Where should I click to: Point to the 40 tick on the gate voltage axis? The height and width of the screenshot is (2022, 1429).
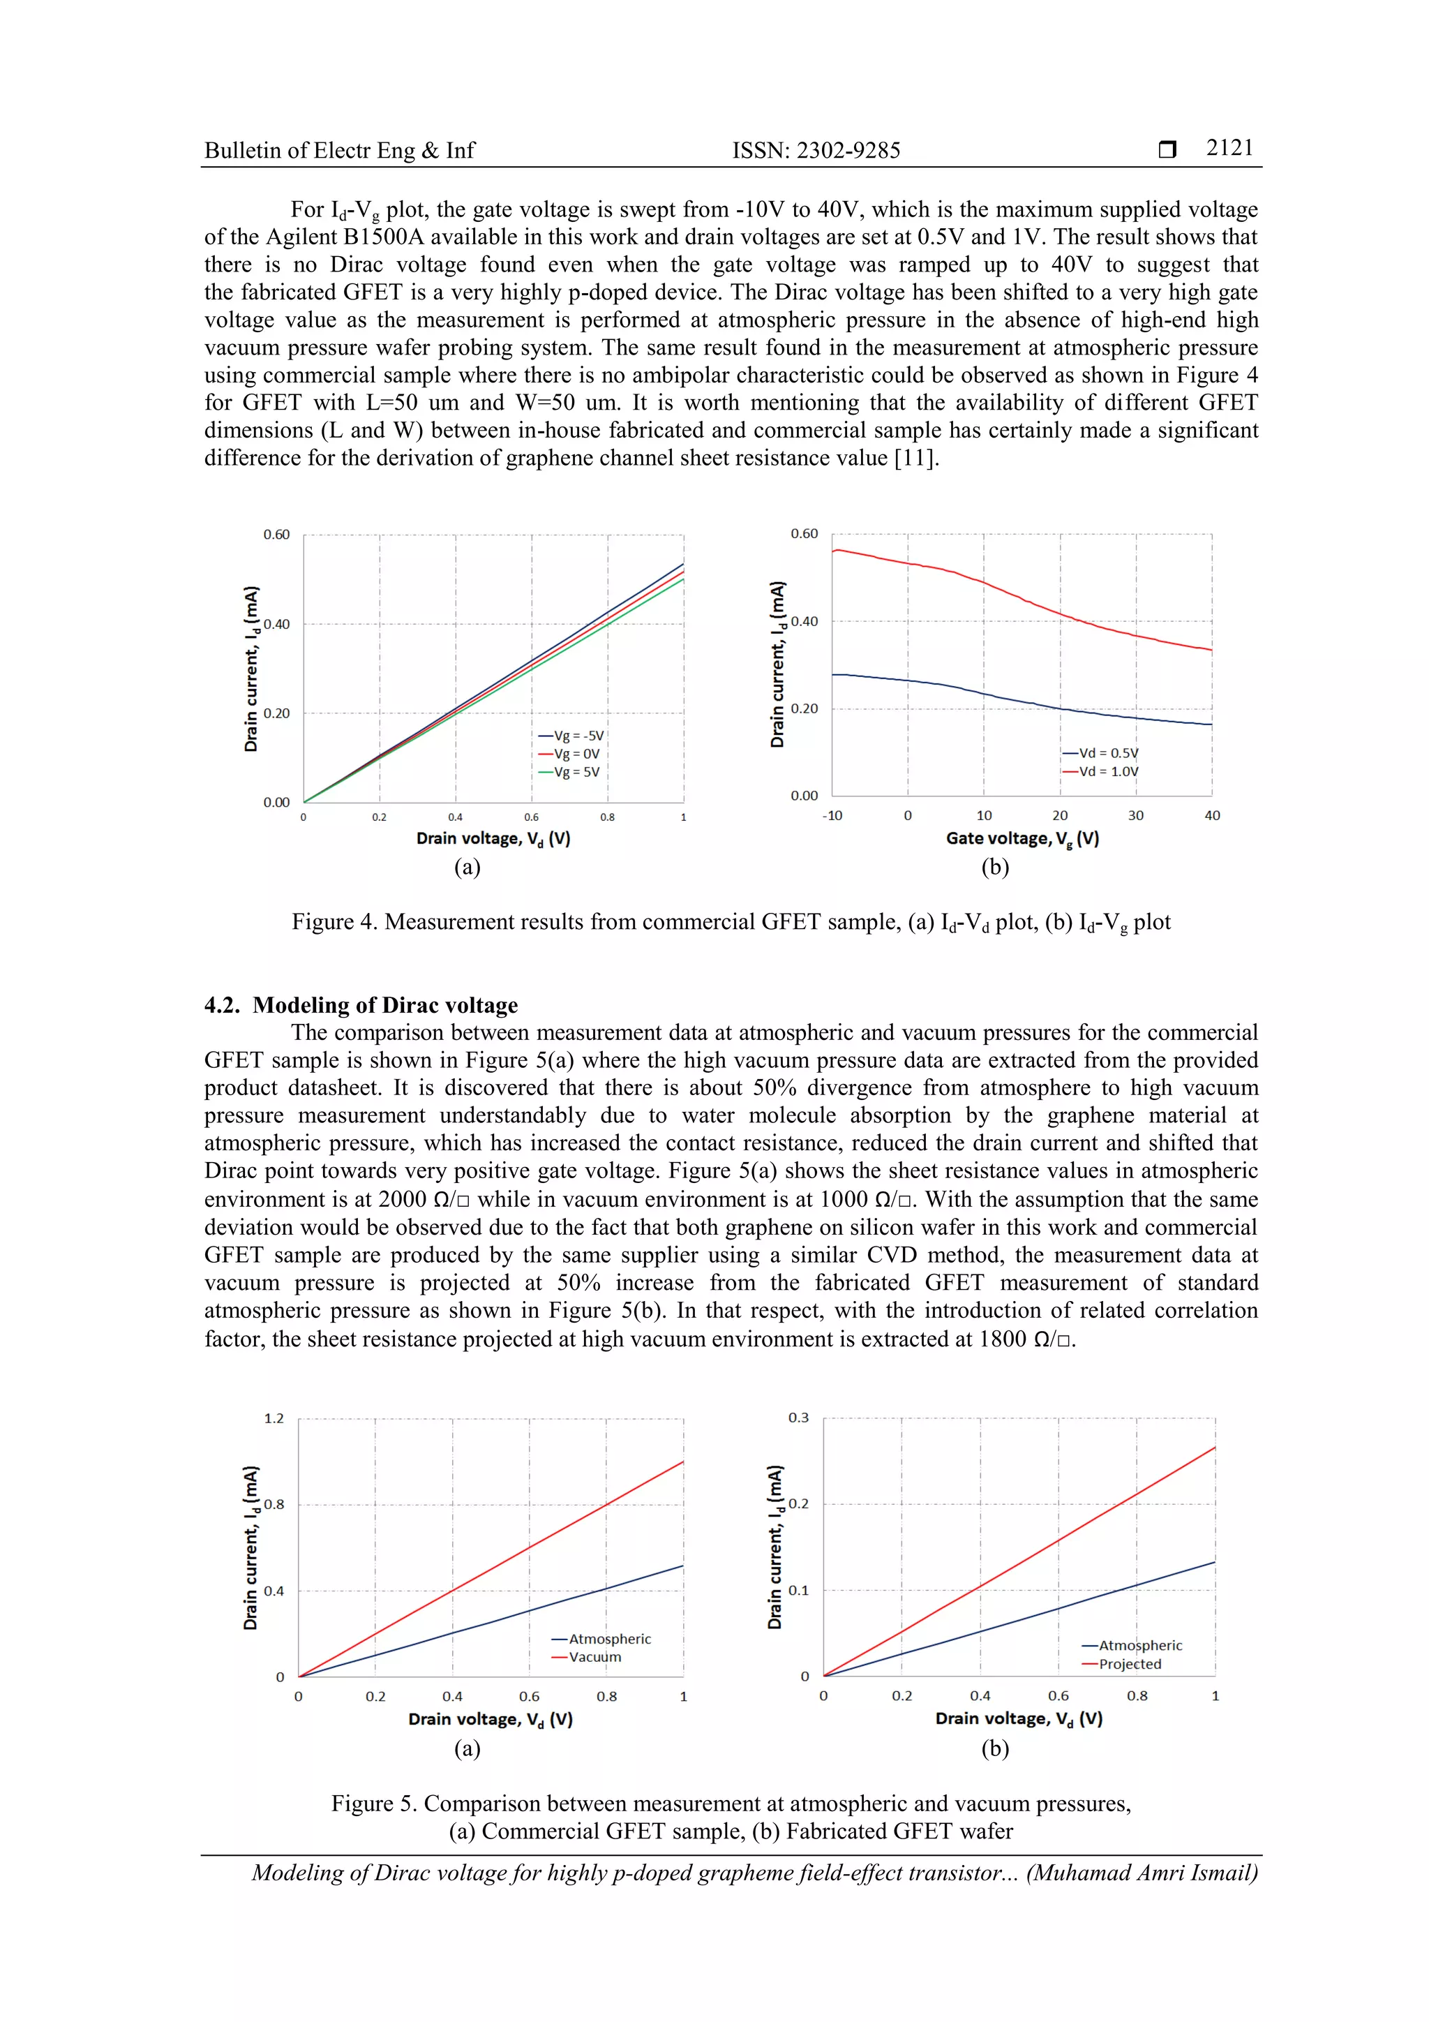tap(1211, 815)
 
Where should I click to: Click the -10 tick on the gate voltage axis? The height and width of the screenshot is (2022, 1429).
tap(831, 815)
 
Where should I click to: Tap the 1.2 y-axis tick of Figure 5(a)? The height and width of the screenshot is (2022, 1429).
tap(274, 1418)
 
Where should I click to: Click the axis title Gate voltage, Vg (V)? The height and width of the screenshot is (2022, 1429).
tap(1022, 838)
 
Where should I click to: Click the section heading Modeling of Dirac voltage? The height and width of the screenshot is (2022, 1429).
tap(384, 1005)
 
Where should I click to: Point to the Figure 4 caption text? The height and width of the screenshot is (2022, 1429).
tap(731, 922)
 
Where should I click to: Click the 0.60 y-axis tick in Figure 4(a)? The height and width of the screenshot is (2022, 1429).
tap(276, 535)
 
